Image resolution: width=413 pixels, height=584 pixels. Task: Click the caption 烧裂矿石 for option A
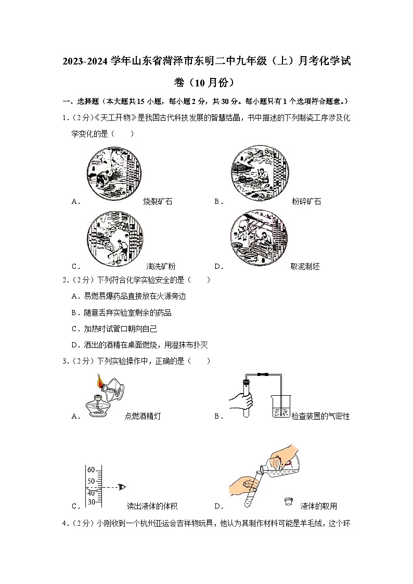pos(158,202)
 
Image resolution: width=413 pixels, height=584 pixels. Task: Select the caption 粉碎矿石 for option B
pos(306,202)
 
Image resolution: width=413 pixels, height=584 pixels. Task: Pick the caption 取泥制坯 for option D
pos(305,267)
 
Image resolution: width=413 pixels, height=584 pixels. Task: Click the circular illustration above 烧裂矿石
pos(114,173)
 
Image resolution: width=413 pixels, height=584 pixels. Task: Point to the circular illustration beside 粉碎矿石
pos(259,173)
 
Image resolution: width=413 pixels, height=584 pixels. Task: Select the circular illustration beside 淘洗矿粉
pos(114,238)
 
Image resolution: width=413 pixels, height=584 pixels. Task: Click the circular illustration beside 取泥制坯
pos(259,238)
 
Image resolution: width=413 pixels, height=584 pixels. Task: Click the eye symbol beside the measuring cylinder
pos(122,487)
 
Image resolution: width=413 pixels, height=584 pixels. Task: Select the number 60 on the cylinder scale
pos(91,470)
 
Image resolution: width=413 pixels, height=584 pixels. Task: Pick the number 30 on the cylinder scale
pos(91,502)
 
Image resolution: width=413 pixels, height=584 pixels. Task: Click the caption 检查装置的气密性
pos(320,417)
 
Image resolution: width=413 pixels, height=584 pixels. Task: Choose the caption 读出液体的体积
pos(152,506)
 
